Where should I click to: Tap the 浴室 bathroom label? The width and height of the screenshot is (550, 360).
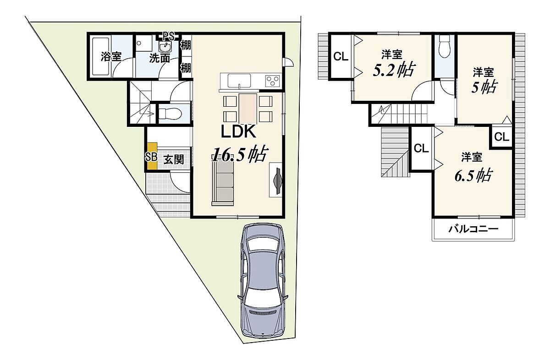(111, 57)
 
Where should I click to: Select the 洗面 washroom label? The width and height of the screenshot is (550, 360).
(160, 58)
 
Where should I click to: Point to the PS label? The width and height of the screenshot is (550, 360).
(169, 36)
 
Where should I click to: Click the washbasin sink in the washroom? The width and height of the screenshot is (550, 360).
(165, 47)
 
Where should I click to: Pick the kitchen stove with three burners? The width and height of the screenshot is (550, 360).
(273, 81)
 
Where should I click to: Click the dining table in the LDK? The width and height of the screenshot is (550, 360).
(248, 109)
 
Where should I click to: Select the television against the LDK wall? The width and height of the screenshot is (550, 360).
(278, 181)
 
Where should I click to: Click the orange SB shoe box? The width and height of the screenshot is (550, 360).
(152, 156)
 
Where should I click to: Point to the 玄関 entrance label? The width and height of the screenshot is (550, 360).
(174, 160)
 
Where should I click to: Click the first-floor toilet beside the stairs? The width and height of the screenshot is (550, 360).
(170, 114)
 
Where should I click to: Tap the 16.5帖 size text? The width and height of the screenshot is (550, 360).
(239, 154)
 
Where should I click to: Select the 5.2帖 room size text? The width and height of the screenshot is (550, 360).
(394, 70)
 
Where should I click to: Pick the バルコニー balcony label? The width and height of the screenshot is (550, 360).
(473, 229)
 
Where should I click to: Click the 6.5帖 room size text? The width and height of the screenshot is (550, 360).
(473, 175)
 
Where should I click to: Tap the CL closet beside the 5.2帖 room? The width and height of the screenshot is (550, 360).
(341, 57)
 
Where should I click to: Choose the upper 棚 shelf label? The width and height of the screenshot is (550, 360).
(186, 45)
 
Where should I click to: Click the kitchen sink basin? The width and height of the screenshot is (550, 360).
(239, 81)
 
